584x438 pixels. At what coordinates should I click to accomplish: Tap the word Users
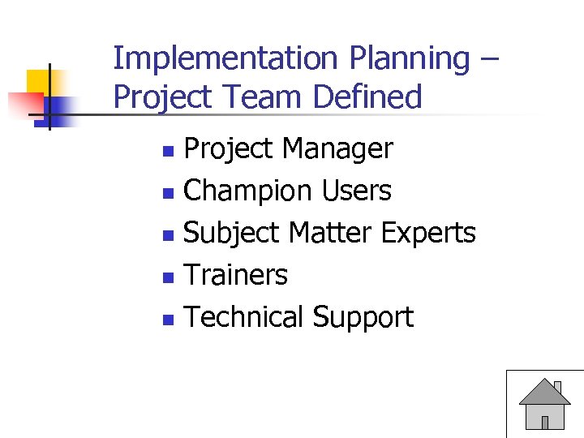click(x=357, y=191)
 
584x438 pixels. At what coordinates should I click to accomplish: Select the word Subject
click(x=232, y=234)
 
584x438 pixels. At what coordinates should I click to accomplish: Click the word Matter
click(x=330, y=234)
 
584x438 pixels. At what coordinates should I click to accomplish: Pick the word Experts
click(x=428, y=234)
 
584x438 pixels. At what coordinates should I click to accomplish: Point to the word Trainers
click(x=236, y=276)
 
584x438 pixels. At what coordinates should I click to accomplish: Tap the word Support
click(x=363, y=317)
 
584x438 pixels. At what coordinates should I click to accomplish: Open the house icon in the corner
click(x=544, y=403)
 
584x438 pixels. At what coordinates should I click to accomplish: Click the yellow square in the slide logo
click(x=39, y=82)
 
